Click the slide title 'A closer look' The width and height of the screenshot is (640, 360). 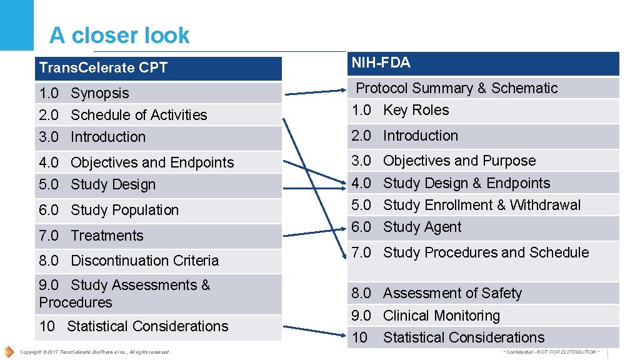pyautogui.click(x=119, y=36)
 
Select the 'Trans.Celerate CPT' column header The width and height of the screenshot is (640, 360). pyautogui.click(x=103, y=67)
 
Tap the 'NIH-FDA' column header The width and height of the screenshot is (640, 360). pyautogui.click(x=381, y=62)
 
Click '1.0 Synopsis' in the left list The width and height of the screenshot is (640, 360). pyautogui.click(x=84, y=93)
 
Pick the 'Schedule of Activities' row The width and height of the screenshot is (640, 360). pyautogui.click(x=122, y=115)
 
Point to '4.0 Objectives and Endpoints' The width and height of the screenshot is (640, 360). pyautogui.click(x=136, y=162)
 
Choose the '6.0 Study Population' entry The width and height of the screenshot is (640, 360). pyautogui.click(x=109, y=210)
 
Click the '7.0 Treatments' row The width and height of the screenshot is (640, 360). pyautogui.click(x=91, y=236)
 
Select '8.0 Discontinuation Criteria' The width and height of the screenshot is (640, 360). pyautogui.click(x=129, y=261)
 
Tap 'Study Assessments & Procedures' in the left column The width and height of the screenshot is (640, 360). pyautogui.click(x=124, y=294)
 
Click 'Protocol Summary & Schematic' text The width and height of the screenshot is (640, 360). pyautogui.click(x=456, y=88)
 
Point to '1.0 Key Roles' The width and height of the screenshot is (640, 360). pyautogui.click(x=400, y=110)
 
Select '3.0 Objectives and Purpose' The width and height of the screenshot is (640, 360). pyautogui.click(x=444, y=161)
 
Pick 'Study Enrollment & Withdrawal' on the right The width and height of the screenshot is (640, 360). pyautogui.click(x=481, y=205)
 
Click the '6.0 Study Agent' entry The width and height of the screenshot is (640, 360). pyautogui.click(x=406, y=227)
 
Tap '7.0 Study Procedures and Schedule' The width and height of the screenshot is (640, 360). pyautogui.click(x=470, y=252)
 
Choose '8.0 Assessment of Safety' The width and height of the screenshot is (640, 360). pyautogui.click(x=436, y=293)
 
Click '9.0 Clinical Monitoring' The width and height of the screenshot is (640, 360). pyautogui.click(x=426, y=316)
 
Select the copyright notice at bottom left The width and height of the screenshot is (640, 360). pyautogui.click(x=95, y=352)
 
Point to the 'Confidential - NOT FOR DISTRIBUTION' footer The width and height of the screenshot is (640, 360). pyautogui.click(x=550, y=352)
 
